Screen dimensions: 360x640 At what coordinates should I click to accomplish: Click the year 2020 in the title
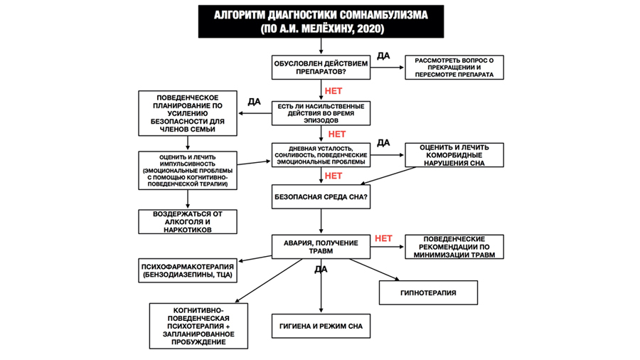pyautogui.click(x=370, y=29)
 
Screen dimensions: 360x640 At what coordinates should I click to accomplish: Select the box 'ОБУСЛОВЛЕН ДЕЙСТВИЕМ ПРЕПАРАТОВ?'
pyautogui.click(x=321, y=68)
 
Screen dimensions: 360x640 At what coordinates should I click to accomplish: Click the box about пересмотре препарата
pyautogui.click(x=454, y=68)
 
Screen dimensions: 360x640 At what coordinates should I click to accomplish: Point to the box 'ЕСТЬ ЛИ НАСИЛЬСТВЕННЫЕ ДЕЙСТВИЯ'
pyautogui.click(x=321, y=113)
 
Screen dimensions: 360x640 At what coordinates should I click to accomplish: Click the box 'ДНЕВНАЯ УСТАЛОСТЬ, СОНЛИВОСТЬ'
pyautogui.click(x=321, y=154)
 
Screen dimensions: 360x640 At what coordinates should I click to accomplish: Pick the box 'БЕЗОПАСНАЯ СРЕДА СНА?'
pyautogui.click(x=321, y=196)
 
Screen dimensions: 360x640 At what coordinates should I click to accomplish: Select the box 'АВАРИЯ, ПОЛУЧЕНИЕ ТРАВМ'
pyautogui.click(x=321, y=246)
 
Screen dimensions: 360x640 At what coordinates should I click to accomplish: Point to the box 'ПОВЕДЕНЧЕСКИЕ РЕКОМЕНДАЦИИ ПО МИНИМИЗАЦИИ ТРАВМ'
pyautogui.click(x=454, y=246)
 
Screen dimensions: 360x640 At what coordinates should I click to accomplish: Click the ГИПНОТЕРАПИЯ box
pyautogui.click(x=428, y=292)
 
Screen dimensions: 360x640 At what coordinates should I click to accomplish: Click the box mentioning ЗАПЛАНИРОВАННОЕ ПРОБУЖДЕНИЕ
pyautogui.click(x=199, y=326)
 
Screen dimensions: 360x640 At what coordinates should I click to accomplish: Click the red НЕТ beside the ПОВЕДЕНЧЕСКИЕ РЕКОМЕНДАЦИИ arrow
pyautogui.click(x=383, y=238)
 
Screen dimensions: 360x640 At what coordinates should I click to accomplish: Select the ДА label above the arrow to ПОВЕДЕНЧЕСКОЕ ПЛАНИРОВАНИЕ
pyautogui.click(x=253, y=102)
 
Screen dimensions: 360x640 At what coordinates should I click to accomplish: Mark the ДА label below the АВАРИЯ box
pyautogui.click(x=321, y=270)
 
